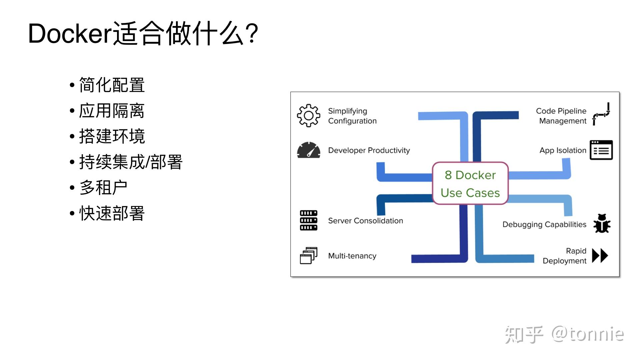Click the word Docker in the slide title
70,34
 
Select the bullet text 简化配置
112,85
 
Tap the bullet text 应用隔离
112,111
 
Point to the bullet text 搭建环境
112,136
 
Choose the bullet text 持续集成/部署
131,162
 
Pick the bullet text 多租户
103,188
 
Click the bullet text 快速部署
112,213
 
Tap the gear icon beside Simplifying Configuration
308,116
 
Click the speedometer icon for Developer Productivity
308,150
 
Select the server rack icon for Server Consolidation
308,220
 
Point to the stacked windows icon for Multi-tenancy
308,256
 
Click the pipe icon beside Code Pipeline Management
601,114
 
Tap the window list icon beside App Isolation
601,150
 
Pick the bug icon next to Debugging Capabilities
602,224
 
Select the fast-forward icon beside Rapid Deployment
600,256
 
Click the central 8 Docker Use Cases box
470,183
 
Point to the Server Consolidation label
365,221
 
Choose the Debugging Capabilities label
544,224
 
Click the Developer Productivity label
369,150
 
